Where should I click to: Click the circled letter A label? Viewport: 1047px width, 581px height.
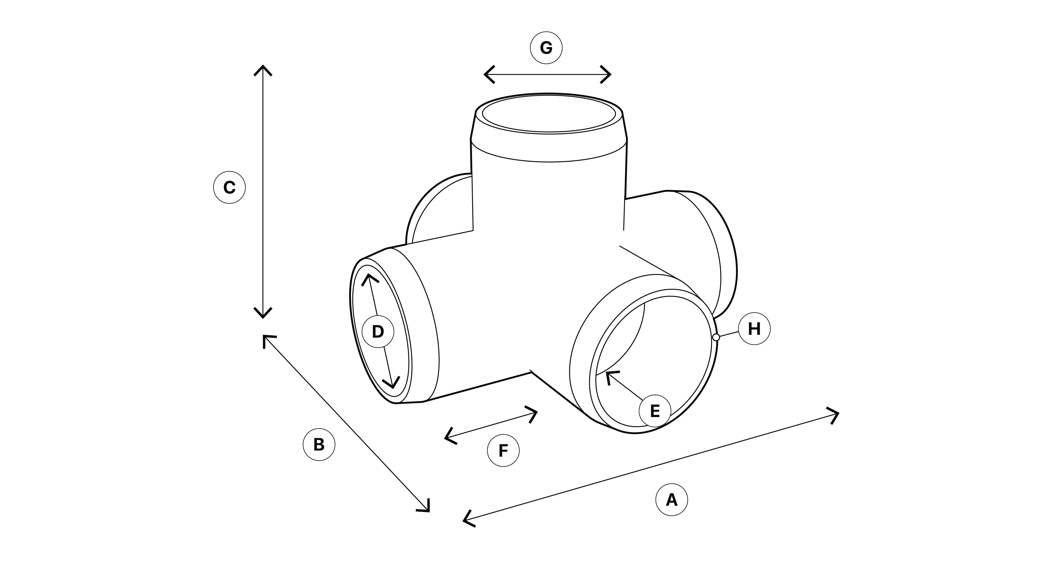click(x=671, y=499)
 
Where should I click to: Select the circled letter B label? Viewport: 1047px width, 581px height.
click(x=319, y=444)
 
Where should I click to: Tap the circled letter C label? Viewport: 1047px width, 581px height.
click(x=229, y=187)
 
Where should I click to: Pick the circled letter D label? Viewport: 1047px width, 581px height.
click(x=378, y=331)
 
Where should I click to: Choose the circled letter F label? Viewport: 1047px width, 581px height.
click(x=503, y=450)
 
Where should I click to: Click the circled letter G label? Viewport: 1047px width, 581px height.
click(x=546, y=48)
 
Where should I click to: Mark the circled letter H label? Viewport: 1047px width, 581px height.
click(x=754, y=328)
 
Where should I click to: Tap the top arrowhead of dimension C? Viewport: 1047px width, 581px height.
click(x=263, y=67)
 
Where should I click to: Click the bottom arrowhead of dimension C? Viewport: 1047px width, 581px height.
click(x=263, y=316)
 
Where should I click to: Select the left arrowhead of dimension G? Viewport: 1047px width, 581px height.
click(x=486, y=74)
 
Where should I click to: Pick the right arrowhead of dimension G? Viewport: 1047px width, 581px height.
click(x=609, y=74)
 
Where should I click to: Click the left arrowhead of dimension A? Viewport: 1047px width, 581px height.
click(x=465, y=520)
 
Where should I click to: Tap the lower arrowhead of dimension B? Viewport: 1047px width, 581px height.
click(x=428, y=510)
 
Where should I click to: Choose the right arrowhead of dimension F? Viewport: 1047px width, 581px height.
click(x=536, y=412)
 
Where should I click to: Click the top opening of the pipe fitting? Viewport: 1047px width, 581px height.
click(x=549, y=113)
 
